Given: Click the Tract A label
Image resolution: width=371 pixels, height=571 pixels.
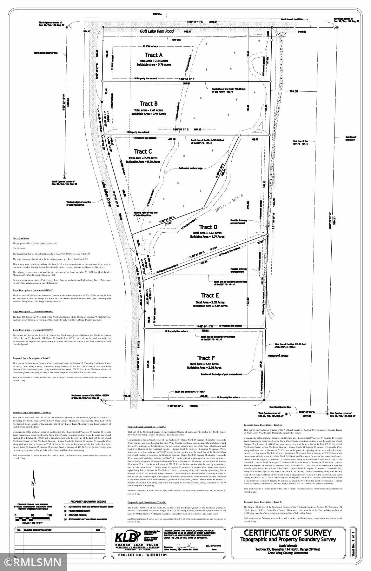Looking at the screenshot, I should tap(154, 55).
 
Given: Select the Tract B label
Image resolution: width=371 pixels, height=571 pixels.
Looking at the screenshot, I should tap(149, 104).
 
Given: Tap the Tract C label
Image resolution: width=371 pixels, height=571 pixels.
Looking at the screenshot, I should tap(143, 152).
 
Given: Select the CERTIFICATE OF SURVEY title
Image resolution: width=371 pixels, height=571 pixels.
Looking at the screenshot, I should tap(288, 532).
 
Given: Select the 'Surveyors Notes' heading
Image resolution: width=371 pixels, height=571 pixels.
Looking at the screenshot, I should tap(21, 238).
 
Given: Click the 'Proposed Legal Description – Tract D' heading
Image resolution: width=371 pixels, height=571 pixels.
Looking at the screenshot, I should tap(263, 425).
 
